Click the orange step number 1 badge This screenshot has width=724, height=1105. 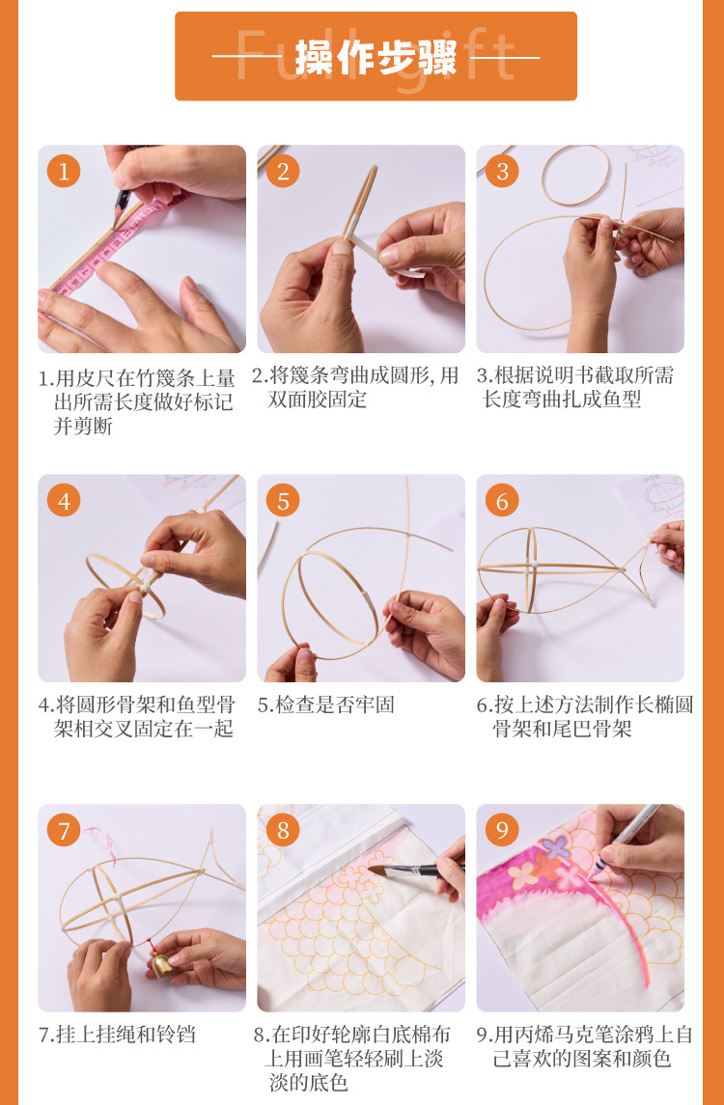pos(64,171)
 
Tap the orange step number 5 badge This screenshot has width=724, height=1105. pos(283,501)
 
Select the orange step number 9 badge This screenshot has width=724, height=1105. pos(502,830)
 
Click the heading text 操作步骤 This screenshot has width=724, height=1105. pos(376,57)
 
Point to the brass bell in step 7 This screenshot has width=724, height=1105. pos(163,963)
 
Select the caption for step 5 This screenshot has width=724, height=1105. pos(325,704)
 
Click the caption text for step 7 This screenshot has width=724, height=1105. pos(117,1035)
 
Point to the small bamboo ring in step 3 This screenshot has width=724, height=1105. pos(576,177)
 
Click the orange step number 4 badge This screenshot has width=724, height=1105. pos(64,501)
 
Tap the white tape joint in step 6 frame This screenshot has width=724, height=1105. pos(535,566)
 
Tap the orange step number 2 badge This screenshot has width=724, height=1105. pos(283,171)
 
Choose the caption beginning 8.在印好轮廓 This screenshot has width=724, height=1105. pos(353,1058)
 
